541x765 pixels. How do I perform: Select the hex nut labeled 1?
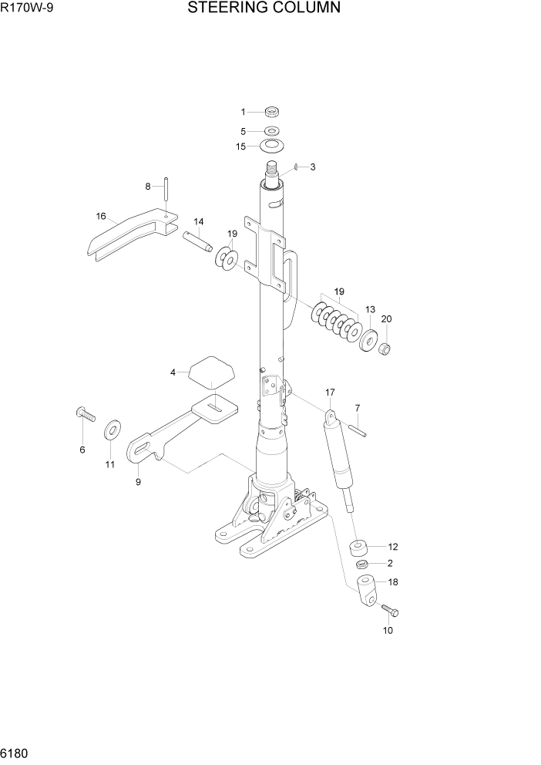click(271, 112)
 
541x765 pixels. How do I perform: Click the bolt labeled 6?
click(84, 414)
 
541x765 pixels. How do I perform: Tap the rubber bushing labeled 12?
click(358, 548)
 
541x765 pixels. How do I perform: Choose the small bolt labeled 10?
click(390, 611)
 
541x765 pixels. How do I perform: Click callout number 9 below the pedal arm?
click(138, 483)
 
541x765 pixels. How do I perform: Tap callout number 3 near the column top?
click(312, 167)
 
